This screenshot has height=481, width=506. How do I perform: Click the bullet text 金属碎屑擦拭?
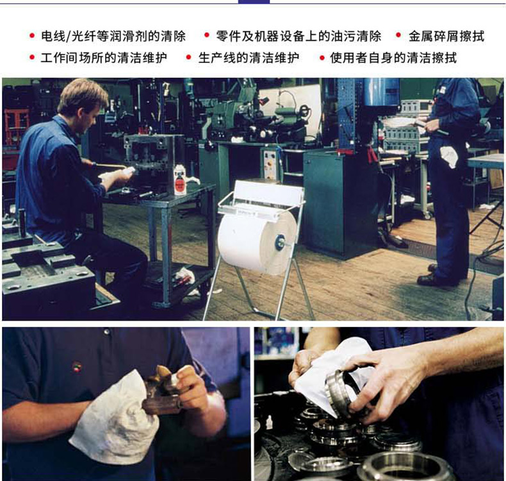tap(446, 36)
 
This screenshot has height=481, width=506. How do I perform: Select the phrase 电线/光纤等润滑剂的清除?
tap(113, 36)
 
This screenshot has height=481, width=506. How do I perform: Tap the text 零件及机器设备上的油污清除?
tap(298, 36)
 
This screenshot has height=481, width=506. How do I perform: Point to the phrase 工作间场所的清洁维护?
tap(104, 58)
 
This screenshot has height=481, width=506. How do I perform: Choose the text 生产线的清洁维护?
tap(249, 58)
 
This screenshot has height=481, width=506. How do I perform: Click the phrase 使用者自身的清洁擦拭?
tap(393, 58)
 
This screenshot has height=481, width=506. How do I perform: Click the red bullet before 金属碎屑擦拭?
tap(398, 35)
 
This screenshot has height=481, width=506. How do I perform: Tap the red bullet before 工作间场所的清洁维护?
tap(32, 58)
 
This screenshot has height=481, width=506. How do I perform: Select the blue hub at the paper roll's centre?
tap(279, 242)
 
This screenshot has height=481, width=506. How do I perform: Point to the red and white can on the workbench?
tap(180, 180)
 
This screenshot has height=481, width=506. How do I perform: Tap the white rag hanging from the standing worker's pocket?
tap(449, 156)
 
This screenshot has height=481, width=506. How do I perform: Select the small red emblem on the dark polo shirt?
tap(76, 367)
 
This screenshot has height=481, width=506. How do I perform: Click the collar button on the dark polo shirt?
tap(106, 332)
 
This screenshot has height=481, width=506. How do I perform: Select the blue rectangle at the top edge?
tap(254, 2)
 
